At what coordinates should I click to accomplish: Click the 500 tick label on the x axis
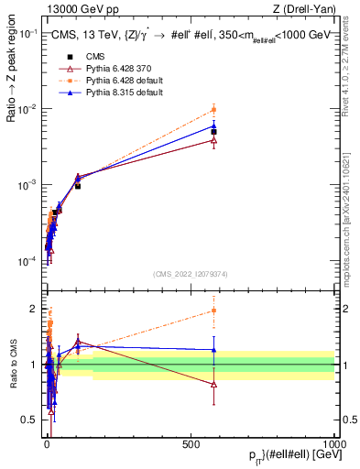[x=191, y=443]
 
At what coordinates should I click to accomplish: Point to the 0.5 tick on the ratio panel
[x=29, y=420]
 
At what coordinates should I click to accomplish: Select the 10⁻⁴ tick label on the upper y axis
[x=27, y=262]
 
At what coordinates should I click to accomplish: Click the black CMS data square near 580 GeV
[x=213, y=132]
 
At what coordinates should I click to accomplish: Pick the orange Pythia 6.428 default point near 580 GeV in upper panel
[x=213, y=110]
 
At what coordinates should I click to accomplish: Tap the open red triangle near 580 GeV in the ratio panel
[x=213, y=385]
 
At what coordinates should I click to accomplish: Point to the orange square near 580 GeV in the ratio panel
[x=213, y=311]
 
